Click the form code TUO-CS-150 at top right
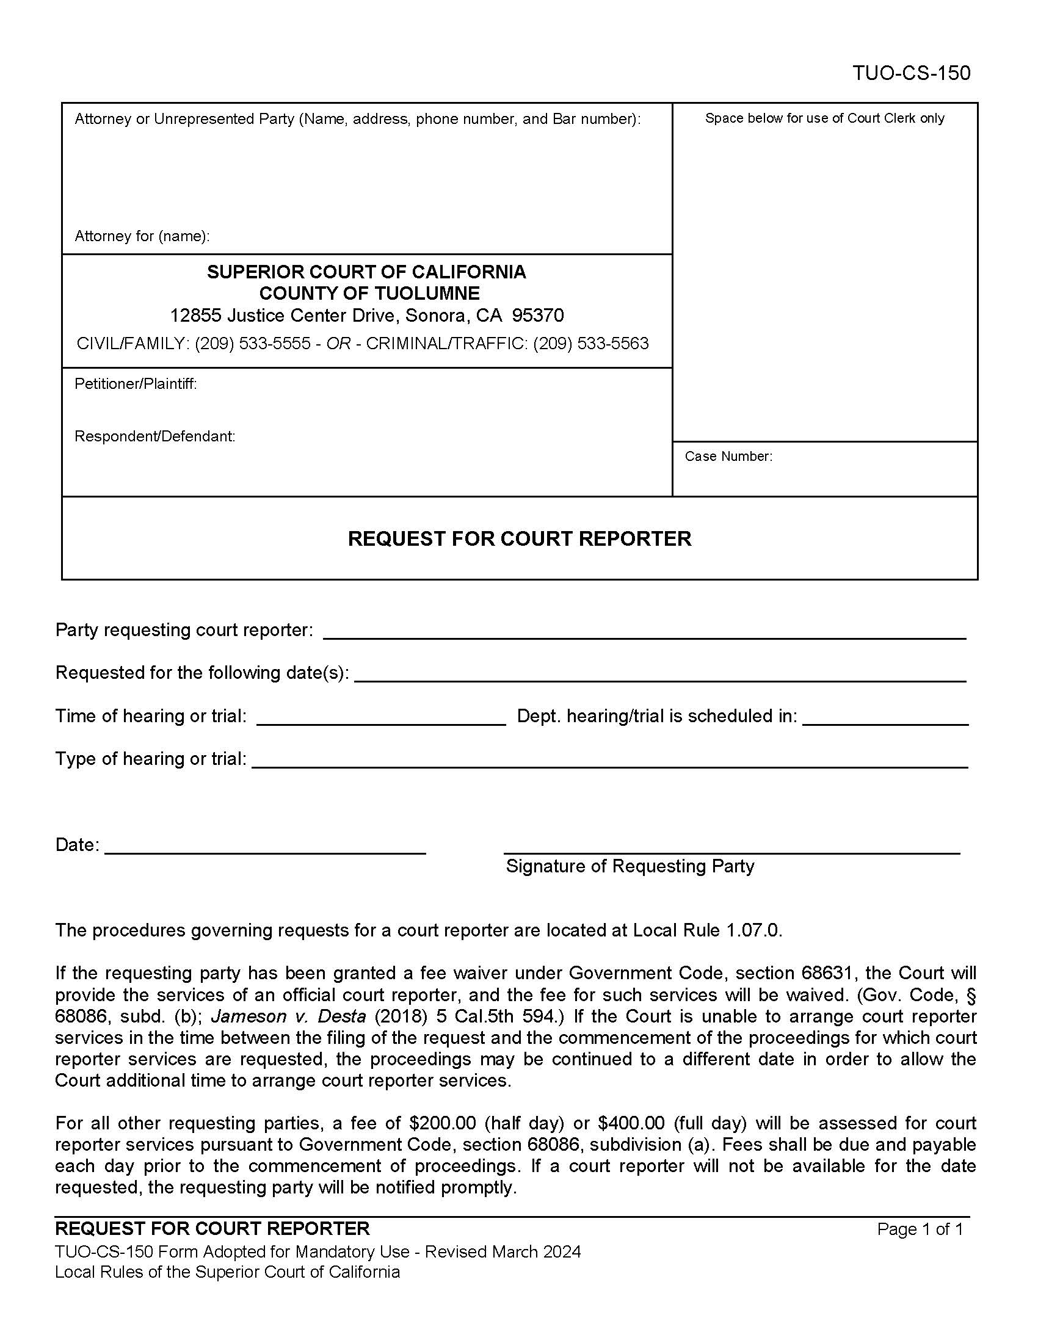(x=911, y=73)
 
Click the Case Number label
(x=728, y=456)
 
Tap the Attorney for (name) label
(x=142, y=236)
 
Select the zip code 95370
(x=537, y=316)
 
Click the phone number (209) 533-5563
(x=590, y=343)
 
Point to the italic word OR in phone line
(x=338, y=343)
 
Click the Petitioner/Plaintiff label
(x=136, y=384)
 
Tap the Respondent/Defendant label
(x=154, y=436)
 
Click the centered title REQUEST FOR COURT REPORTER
(x=519, y=538)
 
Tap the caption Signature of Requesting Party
(x=630, y=866)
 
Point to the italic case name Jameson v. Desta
(x=288, y=1016)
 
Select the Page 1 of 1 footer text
(x=920, y=1229)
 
